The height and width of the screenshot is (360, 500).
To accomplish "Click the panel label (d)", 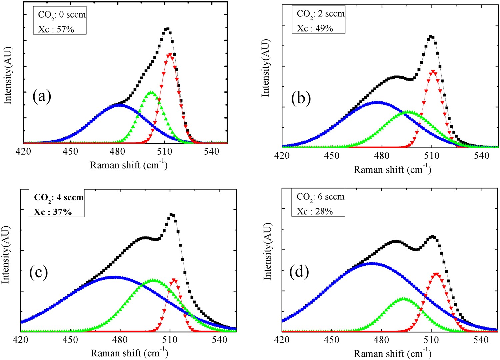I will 299,272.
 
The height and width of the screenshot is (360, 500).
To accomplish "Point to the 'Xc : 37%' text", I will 53,212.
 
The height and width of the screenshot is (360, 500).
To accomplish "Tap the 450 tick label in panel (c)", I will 70,340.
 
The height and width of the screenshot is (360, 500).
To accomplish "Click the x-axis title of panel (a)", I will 129,165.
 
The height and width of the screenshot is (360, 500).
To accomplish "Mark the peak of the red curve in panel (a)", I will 171,54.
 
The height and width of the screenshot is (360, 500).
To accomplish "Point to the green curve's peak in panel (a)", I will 151,92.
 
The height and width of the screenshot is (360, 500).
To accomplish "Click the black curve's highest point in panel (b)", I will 431,36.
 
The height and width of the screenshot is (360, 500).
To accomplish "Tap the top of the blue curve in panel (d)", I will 372,263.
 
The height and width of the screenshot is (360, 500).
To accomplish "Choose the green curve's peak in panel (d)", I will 403,299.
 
